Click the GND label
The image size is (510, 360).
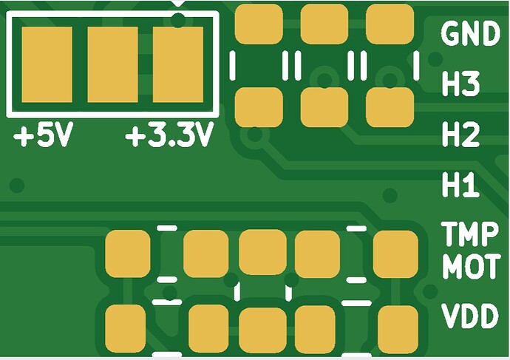tap(470, 34)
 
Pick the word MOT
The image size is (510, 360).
tap(470, 266)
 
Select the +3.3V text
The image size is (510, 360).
tap(170, 137)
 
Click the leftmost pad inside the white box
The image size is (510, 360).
tap(47, 65)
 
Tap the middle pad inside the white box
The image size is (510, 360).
tap(112, 65)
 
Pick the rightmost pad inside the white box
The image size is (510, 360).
tap(177, 65)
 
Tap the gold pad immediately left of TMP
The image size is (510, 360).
tap(395, 254)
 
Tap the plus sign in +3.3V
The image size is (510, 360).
tap(135, 137)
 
